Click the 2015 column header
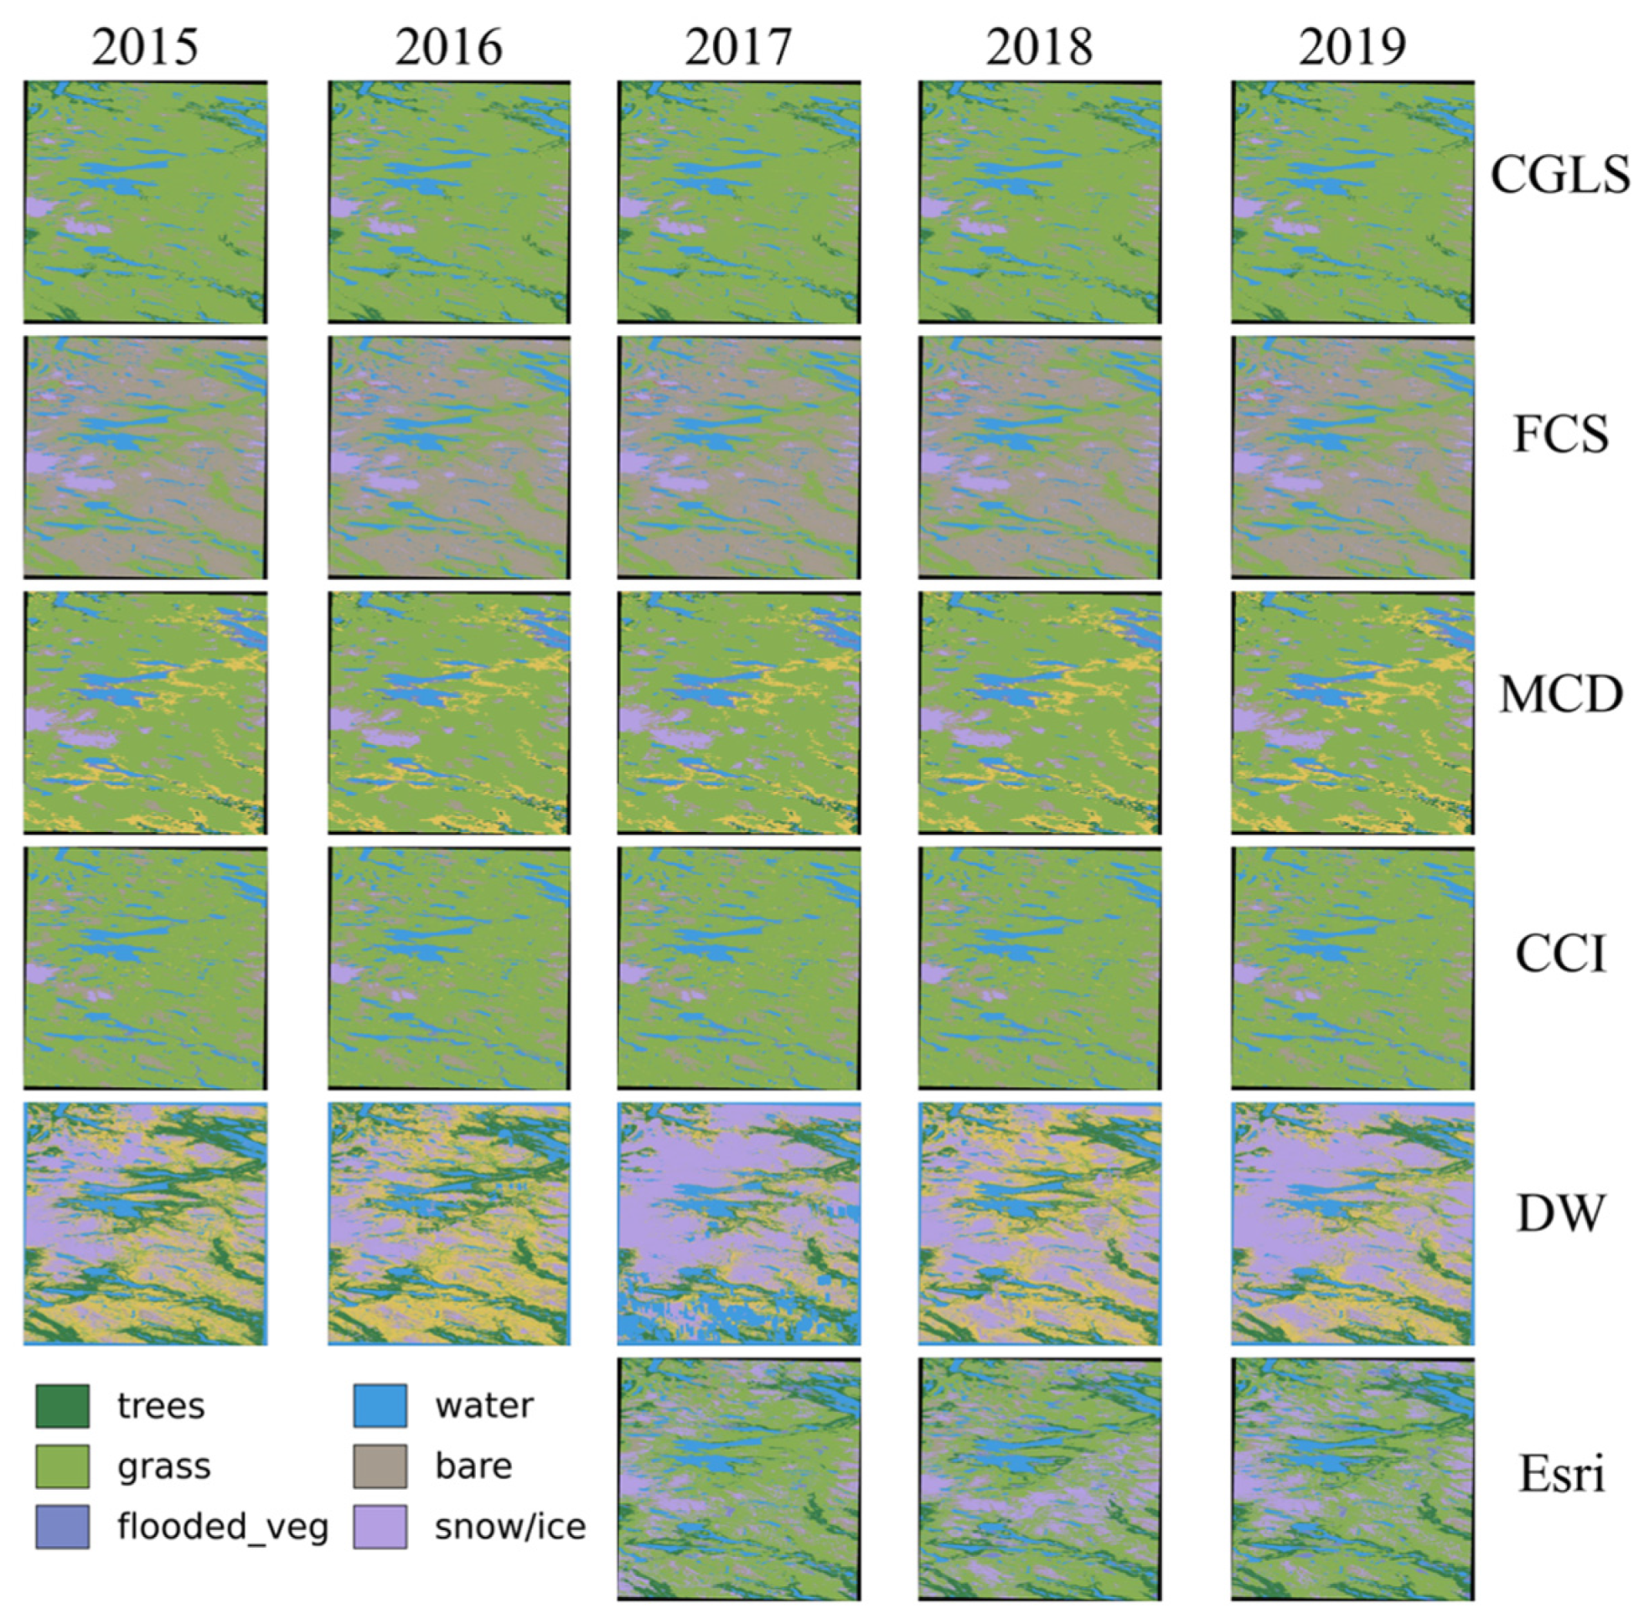tap(145, 47)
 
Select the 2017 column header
tap(737, 47)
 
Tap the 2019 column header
tap(1352, 47)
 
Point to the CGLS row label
tap(1559, 174)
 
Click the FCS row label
tap(1559, 434)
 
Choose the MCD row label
tap(1559, 696)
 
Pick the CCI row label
tap(1559, 954)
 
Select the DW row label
tap(1559, 1214)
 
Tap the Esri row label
tap(1560, 1474)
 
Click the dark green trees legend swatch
tap(62, 1406)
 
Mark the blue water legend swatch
tap(380, 1406)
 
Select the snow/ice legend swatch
tap(380, 1527)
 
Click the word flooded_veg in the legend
tap(223, 1528)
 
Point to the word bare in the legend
tap(473, 1466)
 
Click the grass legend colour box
tap(62, 1466)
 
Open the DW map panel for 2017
tap(738, 1224)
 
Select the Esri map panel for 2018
tap(1039, 1479)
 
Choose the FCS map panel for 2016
tap(449, 458)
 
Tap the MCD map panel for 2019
tap(1352, 713)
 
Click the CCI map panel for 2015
tap(146, 969)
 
